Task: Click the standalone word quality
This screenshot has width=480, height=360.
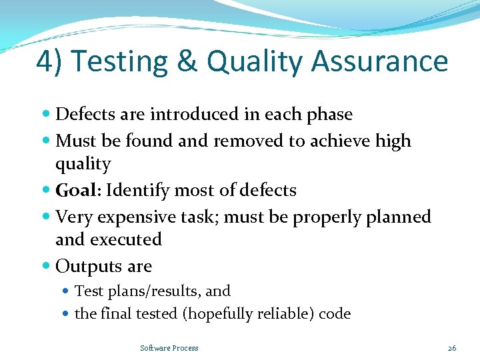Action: point(83,165)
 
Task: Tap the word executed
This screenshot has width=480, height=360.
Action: point(126,239)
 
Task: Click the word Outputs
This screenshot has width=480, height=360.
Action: point(83,267)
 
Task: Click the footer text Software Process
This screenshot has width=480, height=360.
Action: point(169,348)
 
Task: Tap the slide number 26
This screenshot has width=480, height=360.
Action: point(451,348)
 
